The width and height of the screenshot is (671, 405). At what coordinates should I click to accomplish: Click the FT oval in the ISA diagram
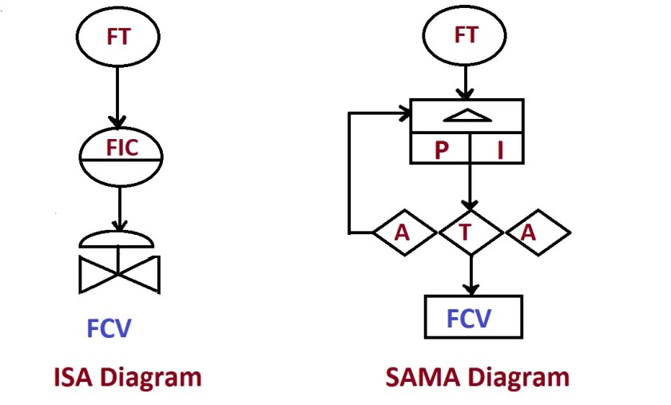(x=117, y=37)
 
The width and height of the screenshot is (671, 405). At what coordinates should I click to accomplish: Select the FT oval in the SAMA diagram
(x=465, y=37)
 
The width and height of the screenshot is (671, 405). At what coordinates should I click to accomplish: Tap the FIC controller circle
(x=121, y=157)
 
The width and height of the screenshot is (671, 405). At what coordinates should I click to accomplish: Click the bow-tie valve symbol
(x=120, y=273)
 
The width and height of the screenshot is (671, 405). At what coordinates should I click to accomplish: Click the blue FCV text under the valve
(x=109, y=329)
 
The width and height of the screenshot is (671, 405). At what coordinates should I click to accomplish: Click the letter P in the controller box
(x=441, y=151)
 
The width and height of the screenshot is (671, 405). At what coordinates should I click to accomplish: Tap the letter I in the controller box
(x=500, y=151)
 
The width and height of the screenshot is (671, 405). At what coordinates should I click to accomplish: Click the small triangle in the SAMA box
(x=467, y=117)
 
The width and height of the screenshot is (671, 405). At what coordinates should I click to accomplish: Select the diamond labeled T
(x=470, y=232)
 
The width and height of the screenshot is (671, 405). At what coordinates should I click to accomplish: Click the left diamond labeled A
(x=404, y=232)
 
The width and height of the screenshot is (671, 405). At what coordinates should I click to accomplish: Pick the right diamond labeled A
(x=537, y=232)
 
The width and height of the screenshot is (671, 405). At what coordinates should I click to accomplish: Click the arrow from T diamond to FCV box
(x=470, y=276)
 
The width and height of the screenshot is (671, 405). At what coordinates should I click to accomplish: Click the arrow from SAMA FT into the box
(x=465, y=83)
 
